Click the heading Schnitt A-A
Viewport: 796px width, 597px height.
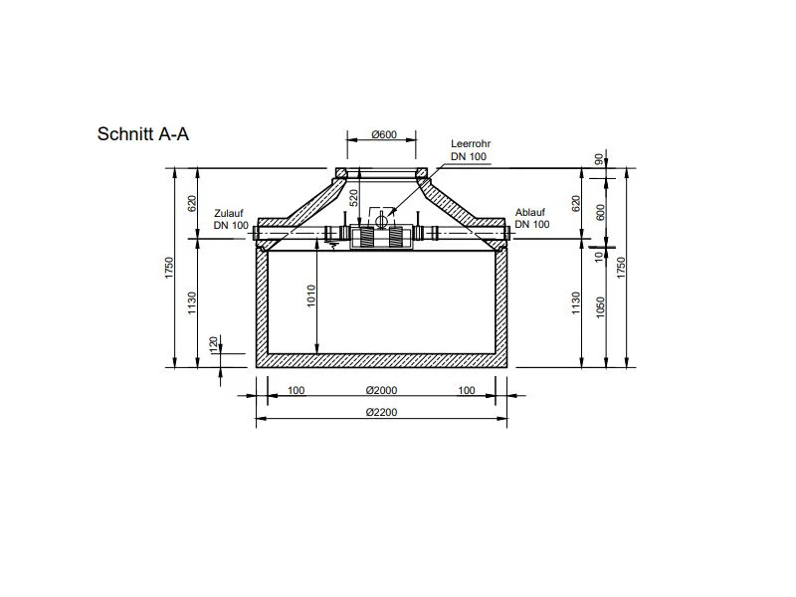tap(142, 134)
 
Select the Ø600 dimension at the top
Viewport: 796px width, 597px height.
tap(384, 134)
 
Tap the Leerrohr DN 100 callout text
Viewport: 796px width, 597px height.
tap(470, 150)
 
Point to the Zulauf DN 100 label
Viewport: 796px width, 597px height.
tap(231, 219)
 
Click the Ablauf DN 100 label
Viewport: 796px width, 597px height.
tap(532, 218)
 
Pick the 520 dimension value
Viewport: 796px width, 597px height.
tap(354, 197)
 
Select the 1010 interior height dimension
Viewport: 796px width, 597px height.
tap(311, 296)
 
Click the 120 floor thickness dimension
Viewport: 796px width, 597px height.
tap(214, 344)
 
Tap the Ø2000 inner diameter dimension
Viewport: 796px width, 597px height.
tap(382, 390)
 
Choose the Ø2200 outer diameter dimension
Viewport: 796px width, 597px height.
tap(382, 412)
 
